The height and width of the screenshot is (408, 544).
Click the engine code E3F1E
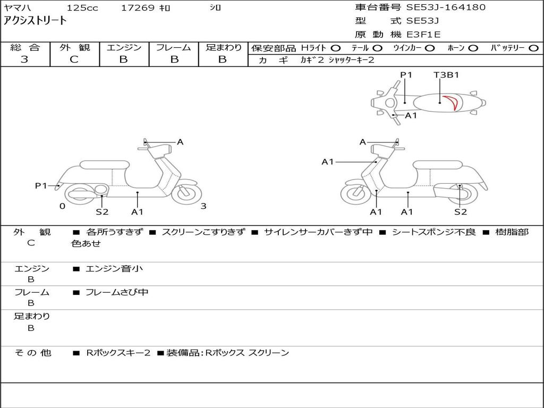[423, 35]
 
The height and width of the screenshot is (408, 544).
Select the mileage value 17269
[138, 8]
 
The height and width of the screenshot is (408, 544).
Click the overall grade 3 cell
[24, 59]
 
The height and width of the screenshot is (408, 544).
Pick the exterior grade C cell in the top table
[74, 59]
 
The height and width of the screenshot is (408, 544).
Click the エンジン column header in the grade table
[124, 47]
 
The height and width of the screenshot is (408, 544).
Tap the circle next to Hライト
[336, 48]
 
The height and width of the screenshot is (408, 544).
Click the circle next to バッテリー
[534, 48]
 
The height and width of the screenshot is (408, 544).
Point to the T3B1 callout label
[446, 75]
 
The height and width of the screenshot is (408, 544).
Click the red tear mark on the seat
[452, 102]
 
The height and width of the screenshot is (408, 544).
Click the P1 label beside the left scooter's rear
[41, 185]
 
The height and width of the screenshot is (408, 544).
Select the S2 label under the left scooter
[101, 212]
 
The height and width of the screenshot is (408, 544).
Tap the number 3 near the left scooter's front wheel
[203, 206]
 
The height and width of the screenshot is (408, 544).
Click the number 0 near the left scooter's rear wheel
[62, 206]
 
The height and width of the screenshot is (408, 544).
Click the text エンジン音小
[114, 269]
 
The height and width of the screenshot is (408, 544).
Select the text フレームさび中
[117, 292]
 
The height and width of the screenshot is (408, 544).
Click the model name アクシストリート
[35, 21]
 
